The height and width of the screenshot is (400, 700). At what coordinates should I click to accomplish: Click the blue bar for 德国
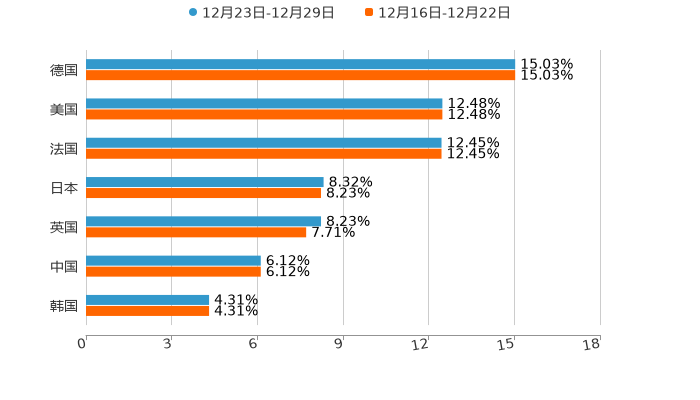click(x=300, y=64)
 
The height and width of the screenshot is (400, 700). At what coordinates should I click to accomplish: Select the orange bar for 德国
click(x=300, y=75)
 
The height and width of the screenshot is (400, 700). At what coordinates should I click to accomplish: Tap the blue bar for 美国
click(x=264, y=103)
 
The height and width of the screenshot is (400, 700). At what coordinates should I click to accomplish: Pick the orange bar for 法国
click(x=264, y=153)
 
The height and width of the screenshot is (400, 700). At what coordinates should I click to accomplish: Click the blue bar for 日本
click(x=205, y=182)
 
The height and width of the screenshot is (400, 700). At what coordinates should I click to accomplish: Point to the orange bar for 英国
click(x=196, y=232)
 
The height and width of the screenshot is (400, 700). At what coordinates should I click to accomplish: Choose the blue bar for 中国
click(x=173, y=260)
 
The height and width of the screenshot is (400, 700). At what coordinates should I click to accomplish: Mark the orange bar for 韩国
click(x=148, y=310)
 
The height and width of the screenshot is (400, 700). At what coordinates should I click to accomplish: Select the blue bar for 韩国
click(x=148, y=299)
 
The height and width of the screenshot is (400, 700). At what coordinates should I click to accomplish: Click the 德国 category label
click(x=64, y=70)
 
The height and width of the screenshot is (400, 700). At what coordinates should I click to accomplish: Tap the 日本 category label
click(x=64, y=188)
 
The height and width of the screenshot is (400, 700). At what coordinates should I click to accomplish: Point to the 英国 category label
click(x=64, y=227)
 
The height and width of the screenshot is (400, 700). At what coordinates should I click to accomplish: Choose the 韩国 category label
click(x=64, y=305)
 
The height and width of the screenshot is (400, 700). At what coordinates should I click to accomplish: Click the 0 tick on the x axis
click(x=83, y=344)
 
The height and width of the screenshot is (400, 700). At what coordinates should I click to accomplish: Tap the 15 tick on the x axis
click(x=508, y=344)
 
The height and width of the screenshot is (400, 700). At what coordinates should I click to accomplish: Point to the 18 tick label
click(x=592, y=344)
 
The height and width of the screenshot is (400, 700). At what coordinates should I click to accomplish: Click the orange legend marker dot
click(x=369, y=13)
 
